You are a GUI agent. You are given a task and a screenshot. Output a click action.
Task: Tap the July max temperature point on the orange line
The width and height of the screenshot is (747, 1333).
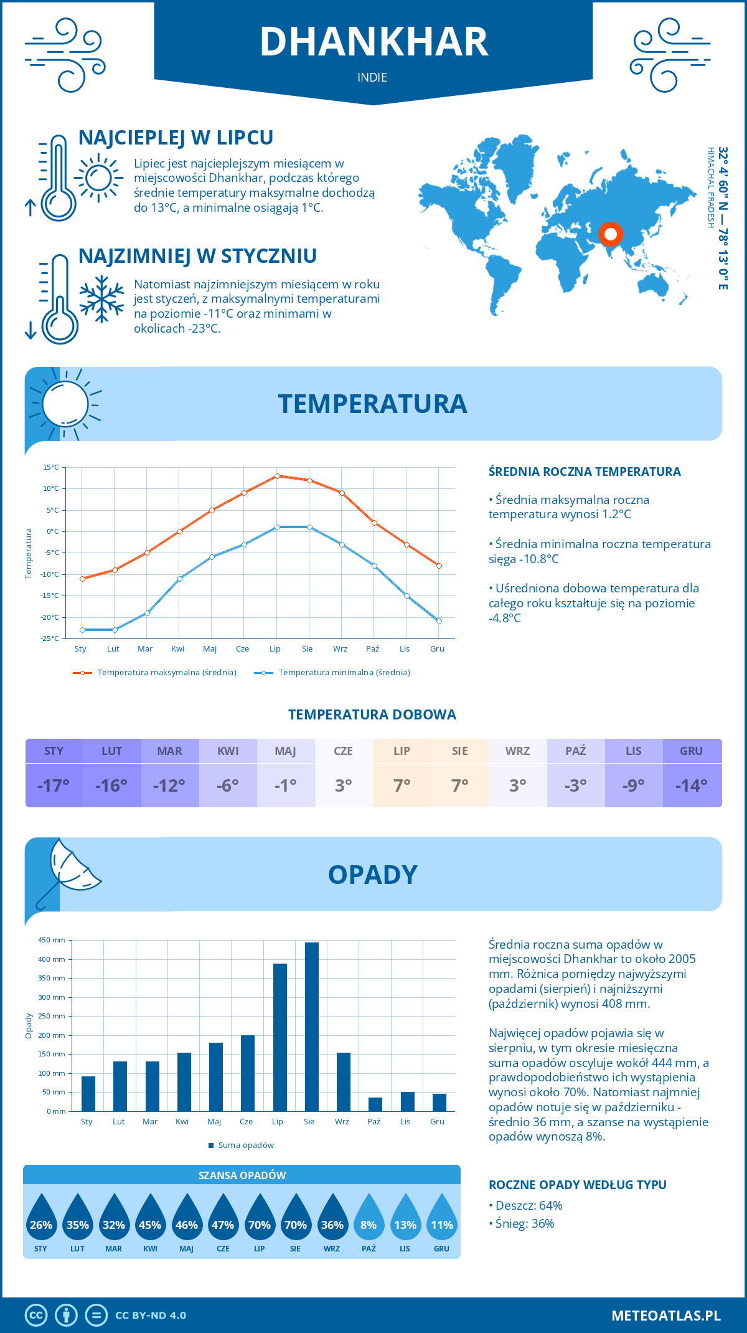tap(277, 476)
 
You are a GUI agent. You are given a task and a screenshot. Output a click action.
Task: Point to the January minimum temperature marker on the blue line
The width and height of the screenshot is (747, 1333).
tap(82, 630)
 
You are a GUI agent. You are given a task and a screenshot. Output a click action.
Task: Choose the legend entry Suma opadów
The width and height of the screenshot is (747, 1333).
tap(245, 1145)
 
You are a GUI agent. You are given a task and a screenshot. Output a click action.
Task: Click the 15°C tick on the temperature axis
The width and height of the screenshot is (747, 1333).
tap(51, 467)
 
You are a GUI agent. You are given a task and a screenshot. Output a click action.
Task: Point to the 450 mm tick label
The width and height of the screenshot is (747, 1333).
tap(52, 940)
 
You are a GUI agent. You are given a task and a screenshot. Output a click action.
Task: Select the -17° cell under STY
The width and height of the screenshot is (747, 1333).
tap(54, 785)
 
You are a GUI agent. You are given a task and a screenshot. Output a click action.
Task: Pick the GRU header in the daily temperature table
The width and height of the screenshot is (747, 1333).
tap(692, 751)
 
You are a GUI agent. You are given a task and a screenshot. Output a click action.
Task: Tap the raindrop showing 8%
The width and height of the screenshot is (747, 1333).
tap(369, 1218)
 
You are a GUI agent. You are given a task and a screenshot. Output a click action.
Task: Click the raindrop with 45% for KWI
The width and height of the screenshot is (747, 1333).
tap(150, 1218)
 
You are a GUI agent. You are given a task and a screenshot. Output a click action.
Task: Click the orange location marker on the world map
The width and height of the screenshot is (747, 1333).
tap(611, 234)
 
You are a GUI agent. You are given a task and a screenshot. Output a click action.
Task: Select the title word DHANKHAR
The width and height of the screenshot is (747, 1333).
tap(374, 42)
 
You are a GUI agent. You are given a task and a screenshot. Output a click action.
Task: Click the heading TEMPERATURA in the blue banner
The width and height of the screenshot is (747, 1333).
tap(372, 404)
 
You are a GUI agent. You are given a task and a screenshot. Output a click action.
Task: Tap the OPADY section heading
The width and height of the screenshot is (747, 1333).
tap(372, 875)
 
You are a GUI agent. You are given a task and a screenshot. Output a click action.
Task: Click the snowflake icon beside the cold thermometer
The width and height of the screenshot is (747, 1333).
tap(101, 298)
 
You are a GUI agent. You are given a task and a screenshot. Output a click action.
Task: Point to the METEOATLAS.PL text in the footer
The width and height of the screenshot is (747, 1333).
tap(665, 1316)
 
